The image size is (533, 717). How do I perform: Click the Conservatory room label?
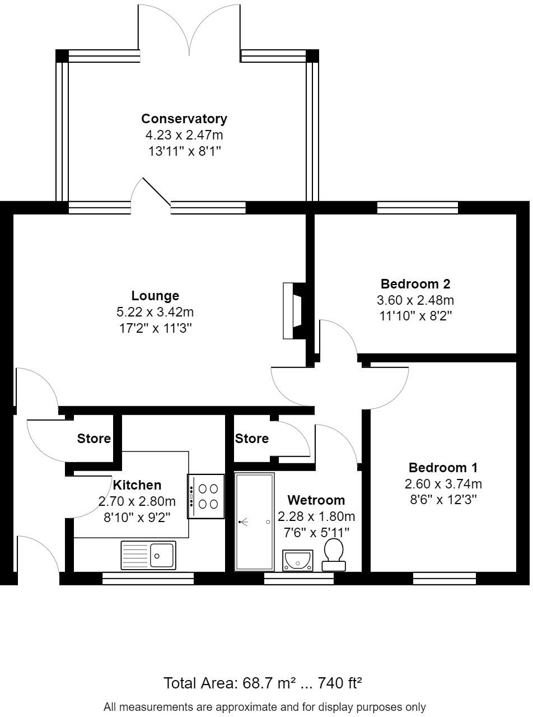point(184,119)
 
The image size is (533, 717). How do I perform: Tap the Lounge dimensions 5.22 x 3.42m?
point(155,312)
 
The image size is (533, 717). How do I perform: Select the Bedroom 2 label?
point(415,283)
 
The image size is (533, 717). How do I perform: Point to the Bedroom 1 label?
point(443,468)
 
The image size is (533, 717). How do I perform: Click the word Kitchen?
point(137,485)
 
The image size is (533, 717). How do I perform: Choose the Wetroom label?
point(316,500)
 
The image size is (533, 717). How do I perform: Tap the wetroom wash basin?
point(298,560)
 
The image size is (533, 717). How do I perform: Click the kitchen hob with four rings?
point(206,496)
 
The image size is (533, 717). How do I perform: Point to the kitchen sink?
point(148,555)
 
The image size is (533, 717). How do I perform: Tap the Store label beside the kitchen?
point(94,439)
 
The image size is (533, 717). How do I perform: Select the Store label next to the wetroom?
point(252,439)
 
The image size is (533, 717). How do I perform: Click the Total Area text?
point(263,683)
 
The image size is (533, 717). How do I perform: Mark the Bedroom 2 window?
point(418,208)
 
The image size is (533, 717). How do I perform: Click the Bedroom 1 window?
point(445,579)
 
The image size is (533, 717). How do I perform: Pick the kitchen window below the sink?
point(148,579)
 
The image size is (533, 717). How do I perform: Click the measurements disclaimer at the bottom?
point(265,707)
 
